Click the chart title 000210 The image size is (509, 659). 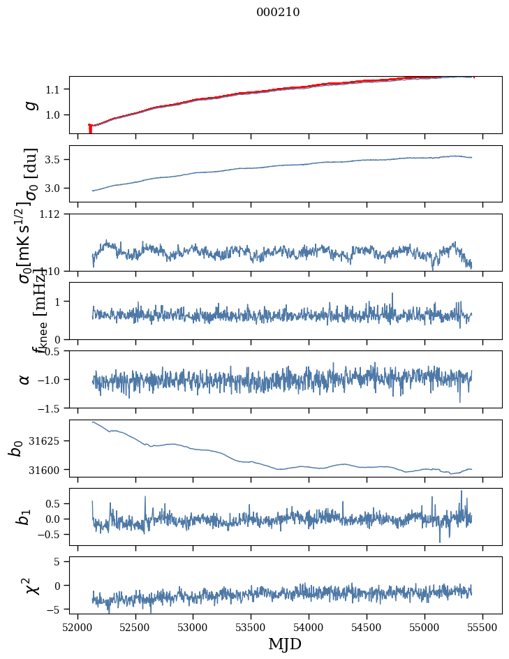point(278,12)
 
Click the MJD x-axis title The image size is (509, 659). point(285,644)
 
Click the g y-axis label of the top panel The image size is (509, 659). point(30,105)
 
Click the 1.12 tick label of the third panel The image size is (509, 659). point(54,214)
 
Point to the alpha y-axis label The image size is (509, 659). point(24,379)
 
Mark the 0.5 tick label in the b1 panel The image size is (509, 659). point(57,503)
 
